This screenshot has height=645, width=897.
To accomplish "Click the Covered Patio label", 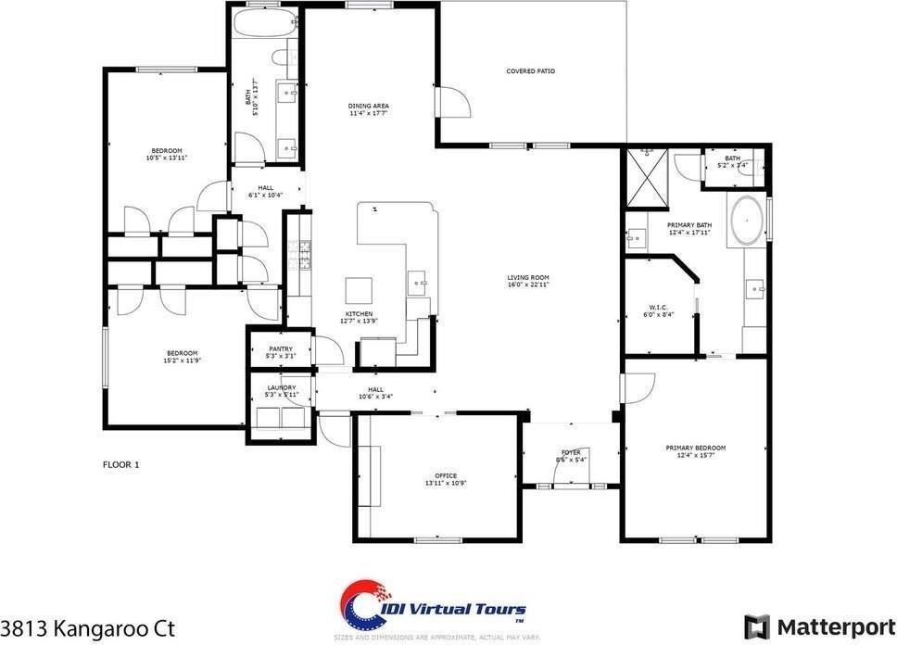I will click(530, 70).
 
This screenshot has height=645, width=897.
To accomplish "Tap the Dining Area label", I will click(368, 106).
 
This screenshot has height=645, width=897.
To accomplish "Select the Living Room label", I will click(528, 277).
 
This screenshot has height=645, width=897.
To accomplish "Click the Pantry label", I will click(281, 348).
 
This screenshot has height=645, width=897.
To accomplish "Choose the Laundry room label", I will click(281, 387).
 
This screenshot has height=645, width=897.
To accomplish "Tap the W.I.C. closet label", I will click(659, 308).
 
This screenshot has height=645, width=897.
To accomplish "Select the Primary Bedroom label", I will click(695, 448).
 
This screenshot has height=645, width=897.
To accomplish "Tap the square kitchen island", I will click(360, 290).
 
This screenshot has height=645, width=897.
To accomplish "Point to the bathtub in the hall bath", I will click(264, 25).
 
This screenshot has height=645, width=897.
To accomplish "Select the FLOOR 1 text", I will click(120, 464).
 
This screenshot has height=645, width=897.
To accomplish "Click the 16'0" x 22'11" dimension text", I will click(528, 285).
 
